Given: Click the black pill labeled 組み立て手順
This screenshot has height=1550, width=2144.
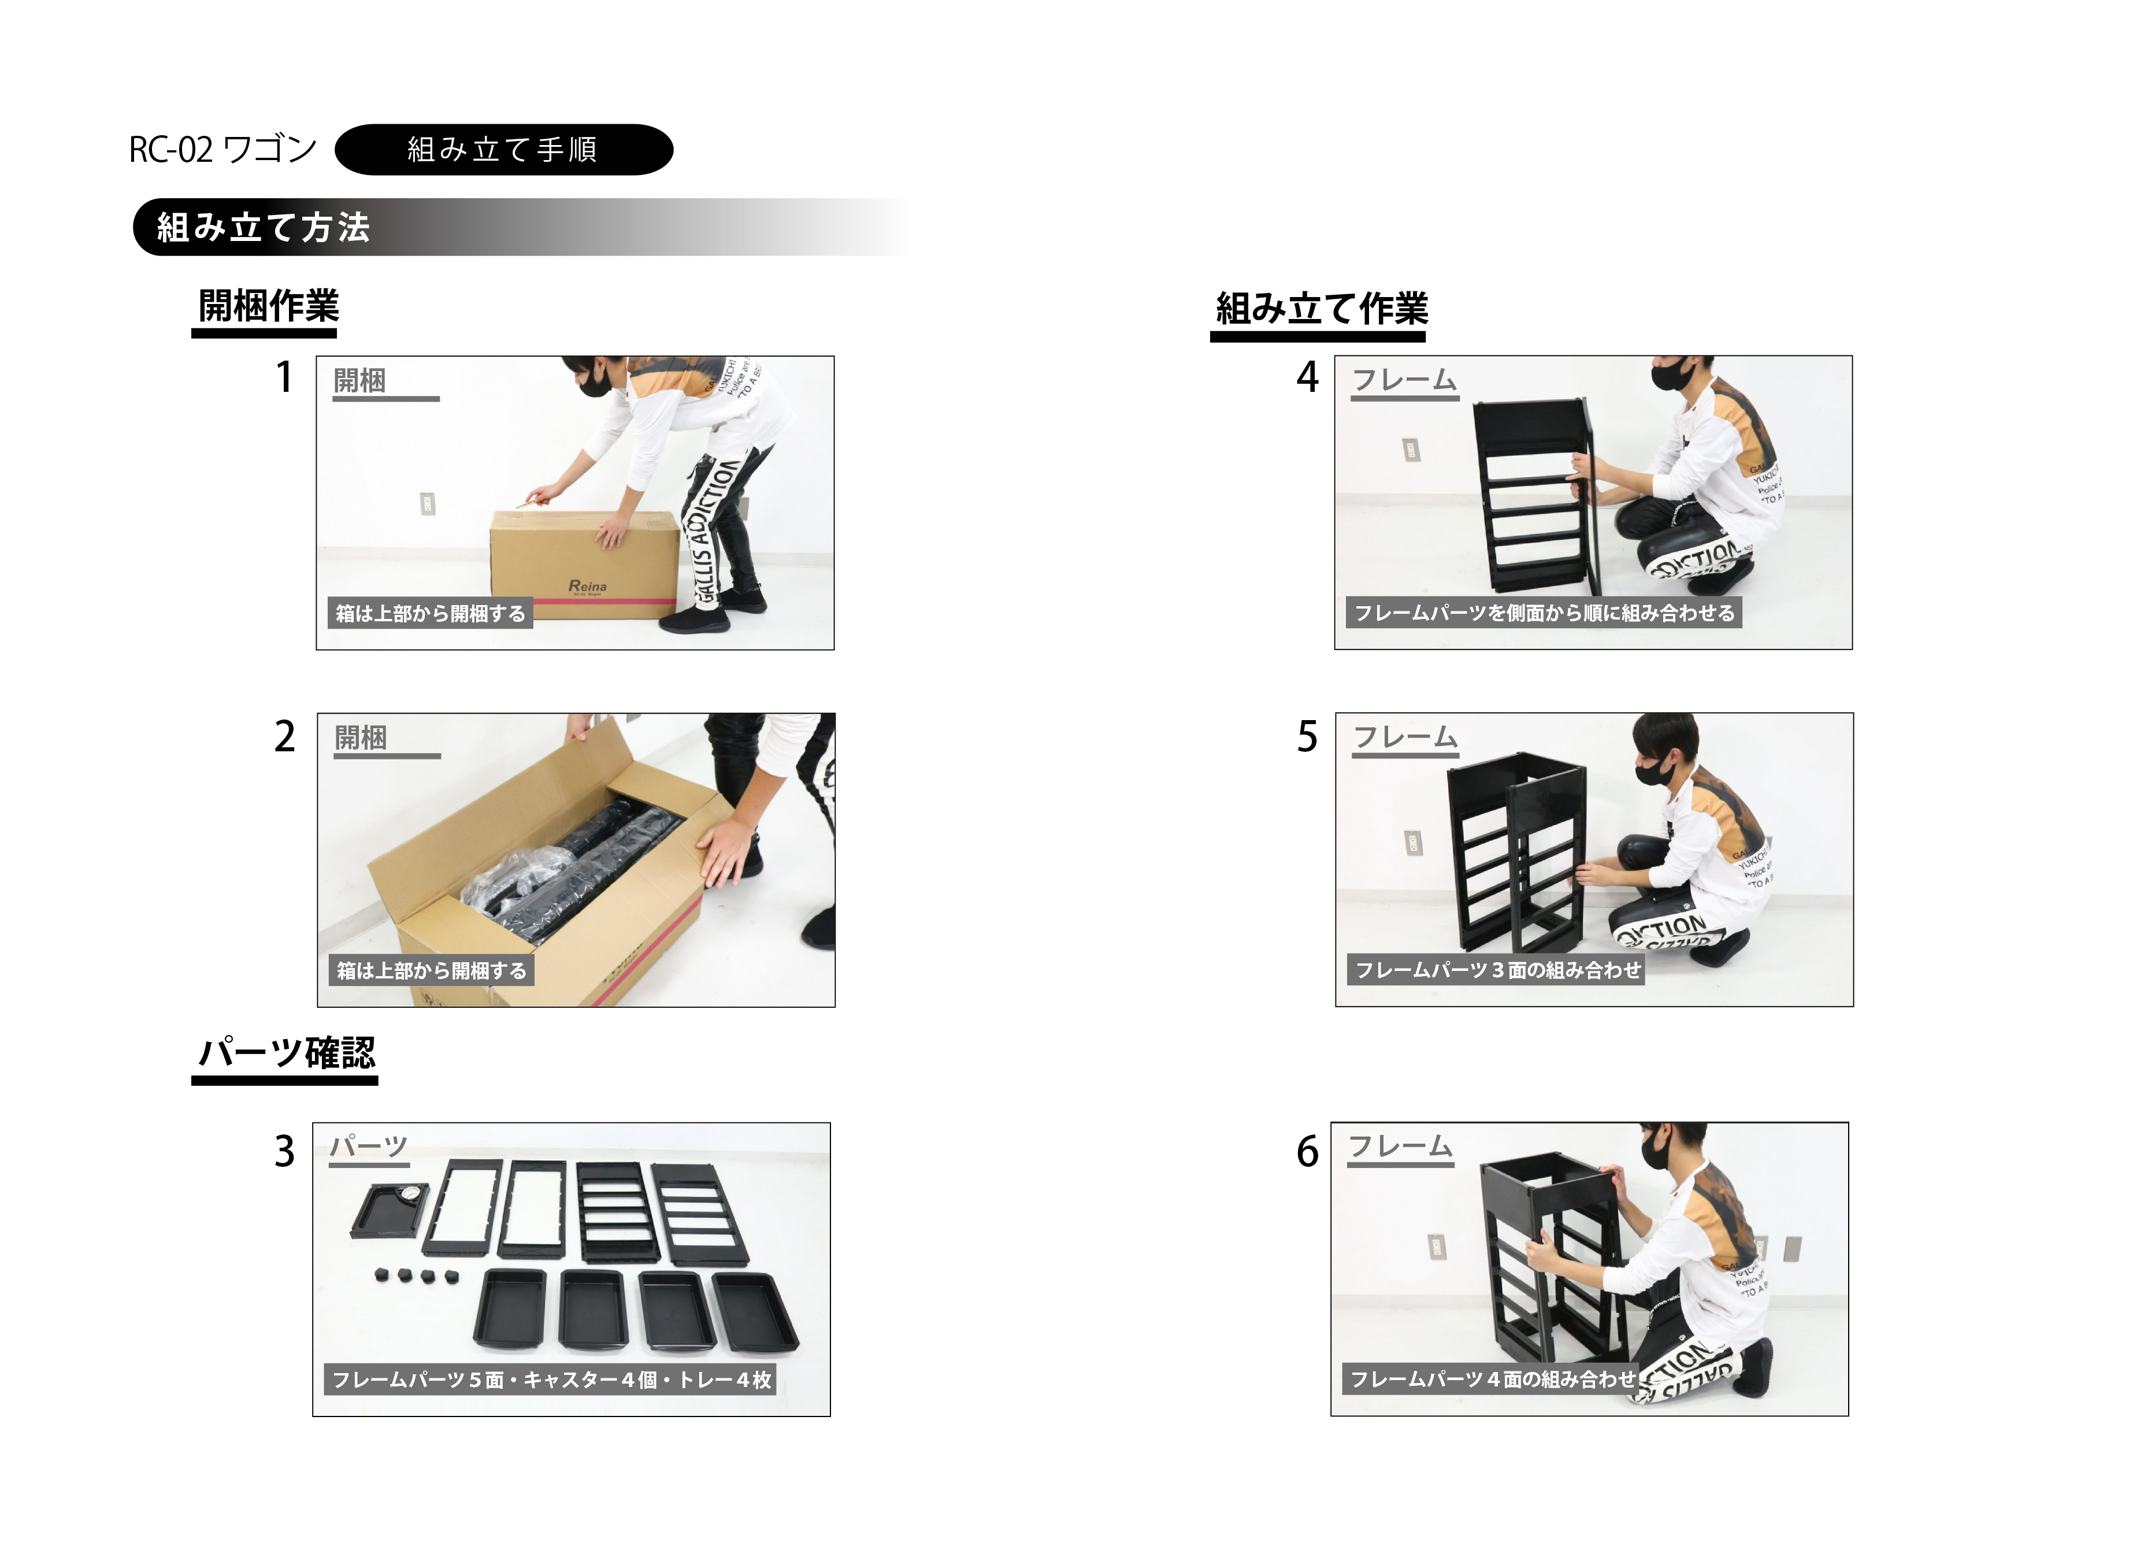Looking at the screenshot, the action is tap(504, 149).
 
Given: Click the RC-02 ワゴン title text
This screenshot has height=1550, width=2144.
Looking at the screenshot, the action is tap(223, 149).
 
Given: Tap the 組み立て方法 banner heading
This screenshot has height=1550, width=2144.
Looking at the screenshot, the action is tap(263, 227).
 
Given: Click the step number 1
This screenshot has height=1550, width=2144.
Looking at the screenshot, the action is tap(284, 377).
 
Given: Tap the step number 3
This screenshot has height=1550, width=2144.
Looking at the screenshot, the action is tap(284, 1151).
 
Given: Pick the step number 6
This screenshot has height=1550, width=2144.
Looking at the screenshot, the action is tap(1307, 1151).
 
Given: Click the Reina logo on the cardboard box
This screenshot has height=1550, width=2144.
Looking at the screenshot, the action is tap(587, 586).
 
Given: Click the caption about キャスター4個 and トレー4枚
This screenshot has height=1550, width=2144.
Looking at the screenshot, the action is tap(551, 1379).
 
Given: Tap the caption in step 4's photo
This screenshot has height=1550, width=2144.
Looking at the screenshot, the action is tap(1544, 613).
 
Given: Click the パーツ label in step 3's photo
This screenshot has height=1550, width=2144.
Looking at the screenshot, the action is tap(369, 1147).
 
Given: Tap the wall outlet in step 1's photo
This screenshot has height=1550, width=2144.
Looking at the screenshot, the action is tap(427, 503).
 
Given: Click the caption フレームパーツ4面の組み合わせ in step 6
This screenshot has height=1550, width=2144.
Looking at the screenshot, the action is tap(1493, 1379).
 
